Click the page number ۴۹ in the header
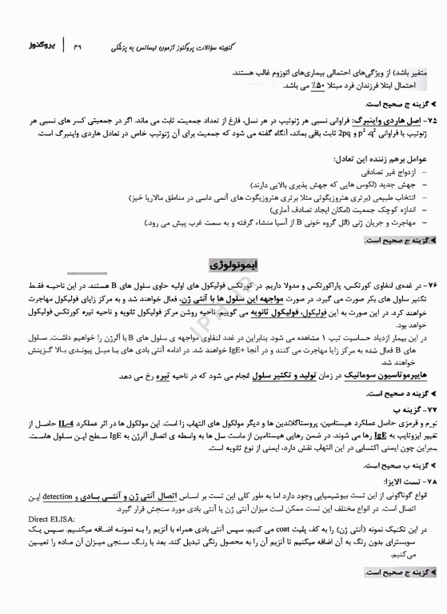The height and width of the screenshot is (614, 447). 78,42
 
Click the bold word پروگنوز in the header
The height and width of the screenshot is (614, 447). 35,41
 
